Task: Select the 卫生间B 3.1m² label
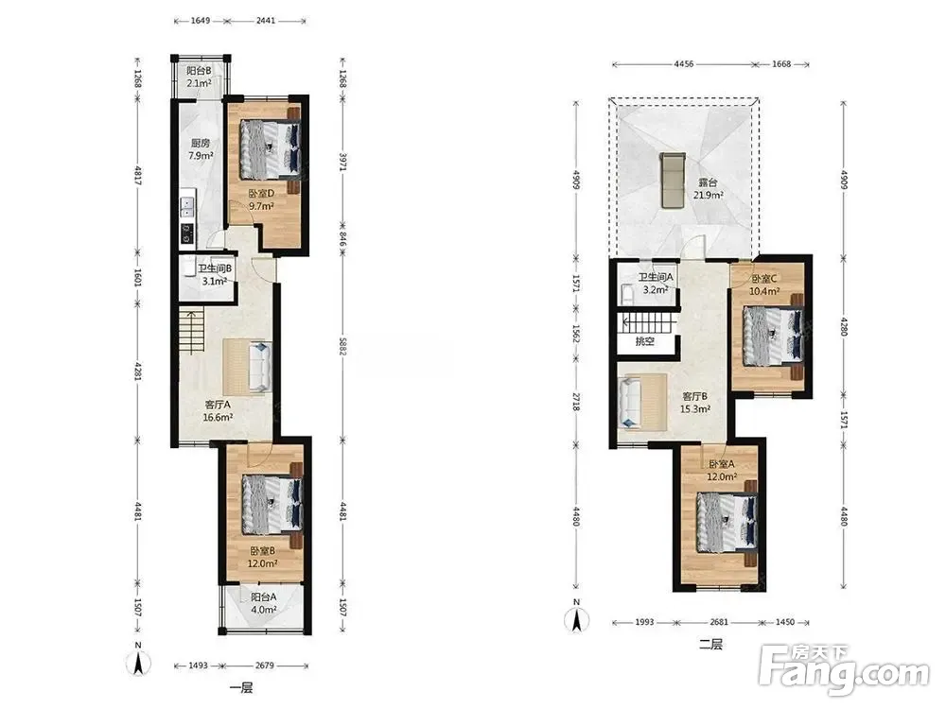pyautogui.click(x=214, y=275)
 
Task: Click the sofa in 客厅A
pyautogui.click(x=260, y=367)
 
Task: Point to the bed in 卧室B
pyautogui.click(x=272, y=505)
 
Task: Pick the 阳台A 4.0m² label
pyautogui.click(x=264, y=603)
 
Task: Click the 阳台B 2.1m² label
pyautogui.click(x=199, y=77)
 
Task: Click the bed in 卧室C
pyautogui.click(x=773, y=337)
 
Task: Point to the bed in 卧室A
pyautogui.click(x=727, y=522)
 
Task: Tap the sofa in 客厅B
pyautogui.click(x=632, y=402)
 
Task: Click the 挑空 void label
pyautogui.click(x=644, y=341)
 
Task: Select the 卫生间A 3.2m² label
pyautogui.click(x=656, y=283)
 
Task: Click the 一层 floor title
pyautogui.click(x=241, y=687)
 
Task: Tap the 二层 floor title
pyautogui.click(x=710, y=644)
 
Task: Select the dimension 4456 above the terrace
pyautogui.click(x=684, y=64)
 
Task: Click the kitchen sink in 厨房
pyautogui.click(x=187, y=208)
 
